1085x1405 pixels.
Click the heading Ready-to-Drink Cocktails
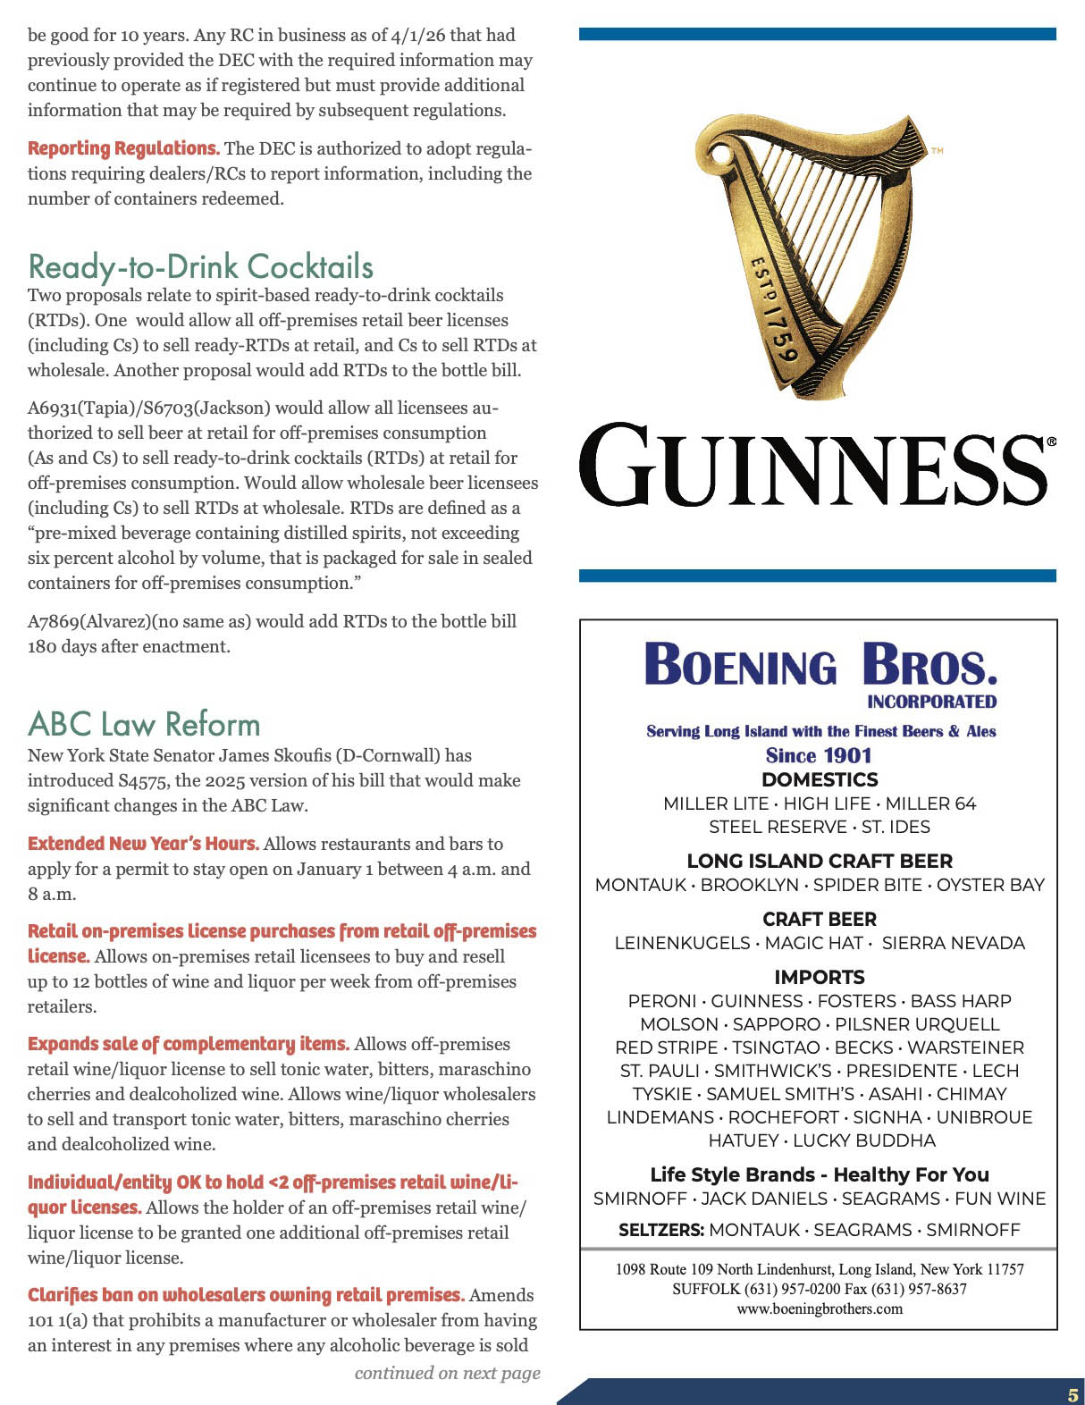(x=201, y=266)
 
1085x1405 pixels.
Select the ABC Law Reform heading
(x=144, y=724)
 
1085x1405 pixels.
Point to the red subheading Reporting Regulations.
(x=123, y=148)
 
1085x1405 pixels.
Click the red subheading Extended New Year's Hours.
(x=143, y=844)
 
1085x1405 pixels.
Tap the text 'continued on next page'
(x=447, y=1373)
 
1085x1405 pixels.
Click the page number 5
(x=1072, y=1395)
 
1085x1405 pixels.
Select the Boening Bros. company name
(x=820, y=666)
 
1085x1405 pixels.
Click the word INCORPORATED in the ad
(x=931, y=702)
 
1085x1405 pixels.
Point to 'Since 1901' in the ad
(x=819, y=755)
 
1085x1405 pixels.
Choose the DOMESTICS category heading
(x=820, y=779)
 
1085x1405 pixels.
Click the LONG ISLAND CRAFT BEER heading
(x=820, y=861)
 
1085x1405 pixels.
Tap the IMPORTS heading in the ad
(x=820, y=977)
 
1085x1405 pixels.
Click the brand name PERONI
(x=662, y=1001)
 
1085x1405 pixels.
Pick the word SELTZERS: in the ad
(x=660, y=1230)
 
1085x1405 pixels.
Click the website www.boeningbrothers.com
(x=820, y=1308)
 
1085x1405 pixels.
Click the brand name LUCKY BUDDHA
(x=864, y=1140)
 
